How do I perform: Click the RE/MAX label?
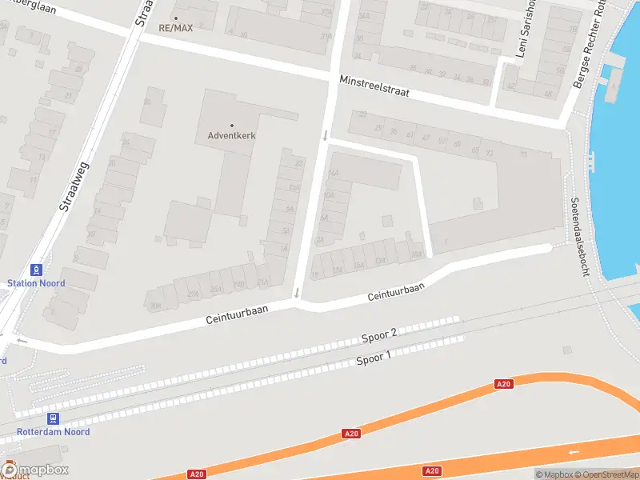[x=175, y=27]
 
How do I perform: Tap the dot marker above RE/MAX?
[x=176, y=17]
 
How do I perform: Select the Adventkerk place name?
[x=232, y=136]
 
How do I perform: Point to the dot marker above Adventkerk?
[x=232, y=125]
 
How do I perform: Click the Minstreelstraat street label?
[x=374, y=86]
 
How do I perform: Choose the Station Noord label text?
[x=36, y=283]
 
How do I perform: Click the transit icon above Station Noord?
[x=36, y=270]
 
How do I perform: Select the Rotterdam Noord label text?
[x=54, y=432]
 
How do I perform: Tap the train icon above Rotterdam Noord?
[x=54, y=418]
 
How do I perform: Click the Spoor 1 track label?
[x=374, y=358]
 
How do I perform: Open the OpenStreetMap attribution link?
[x=606, y=474]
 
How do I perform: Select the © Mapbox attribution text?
[x=554, y=474]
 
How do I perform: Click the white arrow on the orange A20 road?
[x=573, y=452]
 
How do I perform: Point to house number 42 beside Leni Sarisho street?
[x=510, y=86]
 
